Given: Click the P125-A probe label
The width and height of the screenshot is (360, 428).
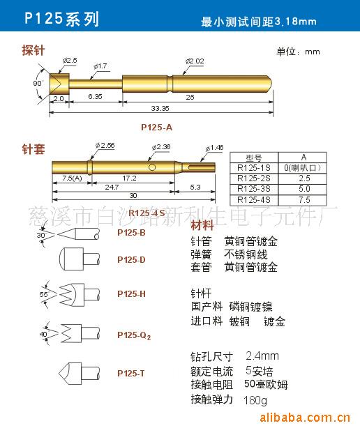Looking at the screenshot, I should tap(156, 126).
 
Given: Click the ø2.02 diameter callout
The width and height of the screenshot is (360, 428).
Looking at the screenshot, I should tap(194, 62).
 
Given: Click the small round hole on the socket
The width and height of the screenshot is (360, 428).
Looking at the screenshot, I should tap(152, 167).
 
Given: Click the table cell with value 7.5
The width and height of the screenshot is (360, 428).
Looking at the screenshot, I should tap(305, 199).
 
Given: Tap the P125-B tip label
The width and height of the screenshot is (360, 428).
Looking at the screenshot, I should tap(131, 232).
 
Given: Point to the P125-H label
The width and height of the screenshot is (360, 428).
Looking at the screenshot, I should tap(131, 294).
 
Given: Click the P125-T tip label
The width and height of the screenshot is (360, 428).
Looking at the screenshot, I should tap(131, 373).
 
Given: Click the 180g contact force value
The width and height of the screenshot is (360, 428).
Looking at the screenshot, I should tap(255, 401).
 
